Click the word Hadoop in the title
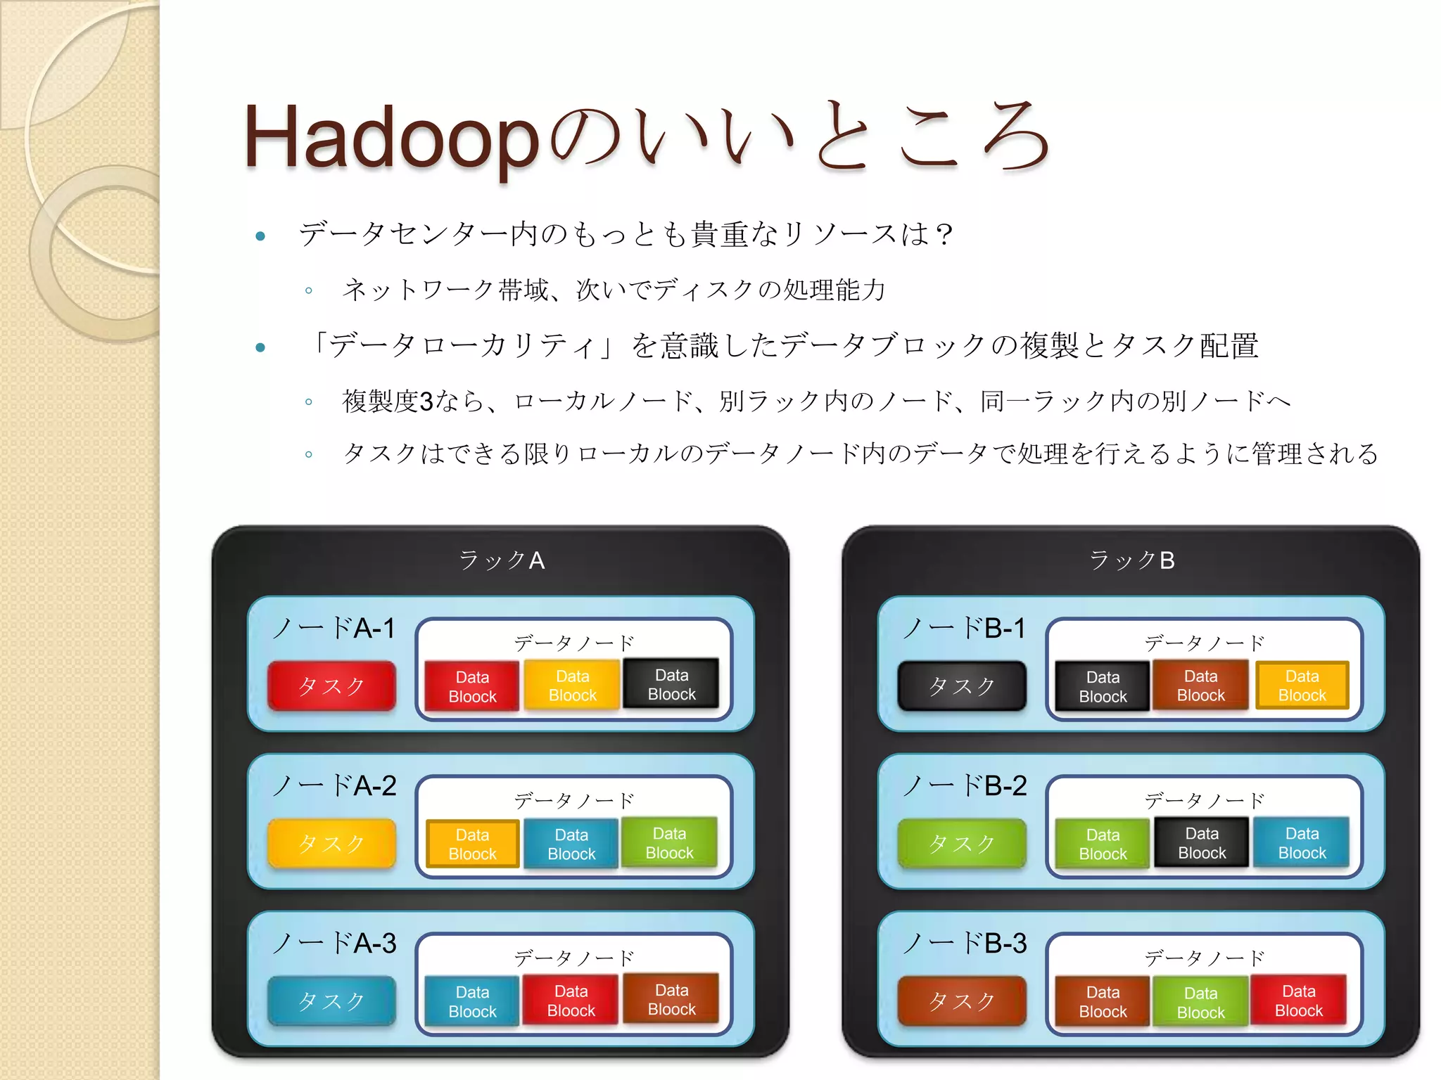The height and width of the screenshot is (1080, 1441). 391,138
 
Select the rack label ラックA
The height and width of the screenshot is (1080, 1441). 501,560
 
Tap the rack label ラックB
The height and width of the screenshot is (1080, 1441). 1131,560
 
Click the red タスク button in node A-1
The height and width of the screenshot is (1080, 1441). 331,686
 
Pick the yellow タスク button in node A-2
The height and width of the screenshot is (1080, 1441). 331,843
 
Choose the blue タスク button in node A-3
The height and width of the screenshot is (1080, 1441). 331,1001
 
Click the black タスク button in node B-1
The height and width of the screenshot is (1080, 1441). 962,686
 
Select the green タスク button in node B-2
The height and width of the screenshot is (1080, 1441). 962,843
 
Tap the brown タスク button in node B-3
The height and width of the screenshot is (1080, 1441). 962,1001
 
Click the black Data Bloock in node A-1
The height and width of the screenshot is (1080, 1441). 671,684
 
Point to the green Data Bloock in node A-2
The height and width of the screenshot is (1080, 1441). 669,843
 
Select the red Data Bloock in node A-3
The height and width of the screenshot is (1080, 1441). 571,1001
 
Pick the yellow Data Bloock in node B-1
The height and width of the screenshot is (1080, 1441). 1302,686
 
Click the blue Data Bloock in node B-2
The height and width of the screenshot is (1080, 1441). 1302,843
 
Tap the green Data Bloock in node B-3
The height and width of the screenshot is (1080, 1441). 1200,1003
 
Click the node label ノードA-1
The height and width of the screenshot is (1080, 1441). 334,628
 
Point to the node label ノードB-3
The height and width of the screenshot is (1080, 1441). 965,943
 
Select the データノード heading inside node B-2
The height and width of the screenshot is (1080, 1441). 1204,800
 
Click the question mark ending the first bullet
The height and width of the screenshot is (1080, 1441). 944,234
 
